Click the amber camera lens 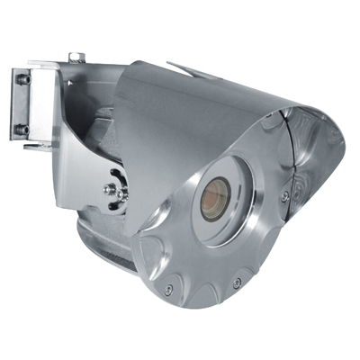click(x=216, y=198)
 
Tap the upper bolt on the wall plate click(x=24, y=79)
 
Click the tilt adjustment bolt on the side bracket click(x=111, y=189)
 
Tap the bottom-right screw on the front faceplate click(x=236, y=283)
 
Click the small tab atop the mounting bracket click(x=76, y=57)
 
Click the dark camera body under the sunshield click(x=99, y=126)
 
